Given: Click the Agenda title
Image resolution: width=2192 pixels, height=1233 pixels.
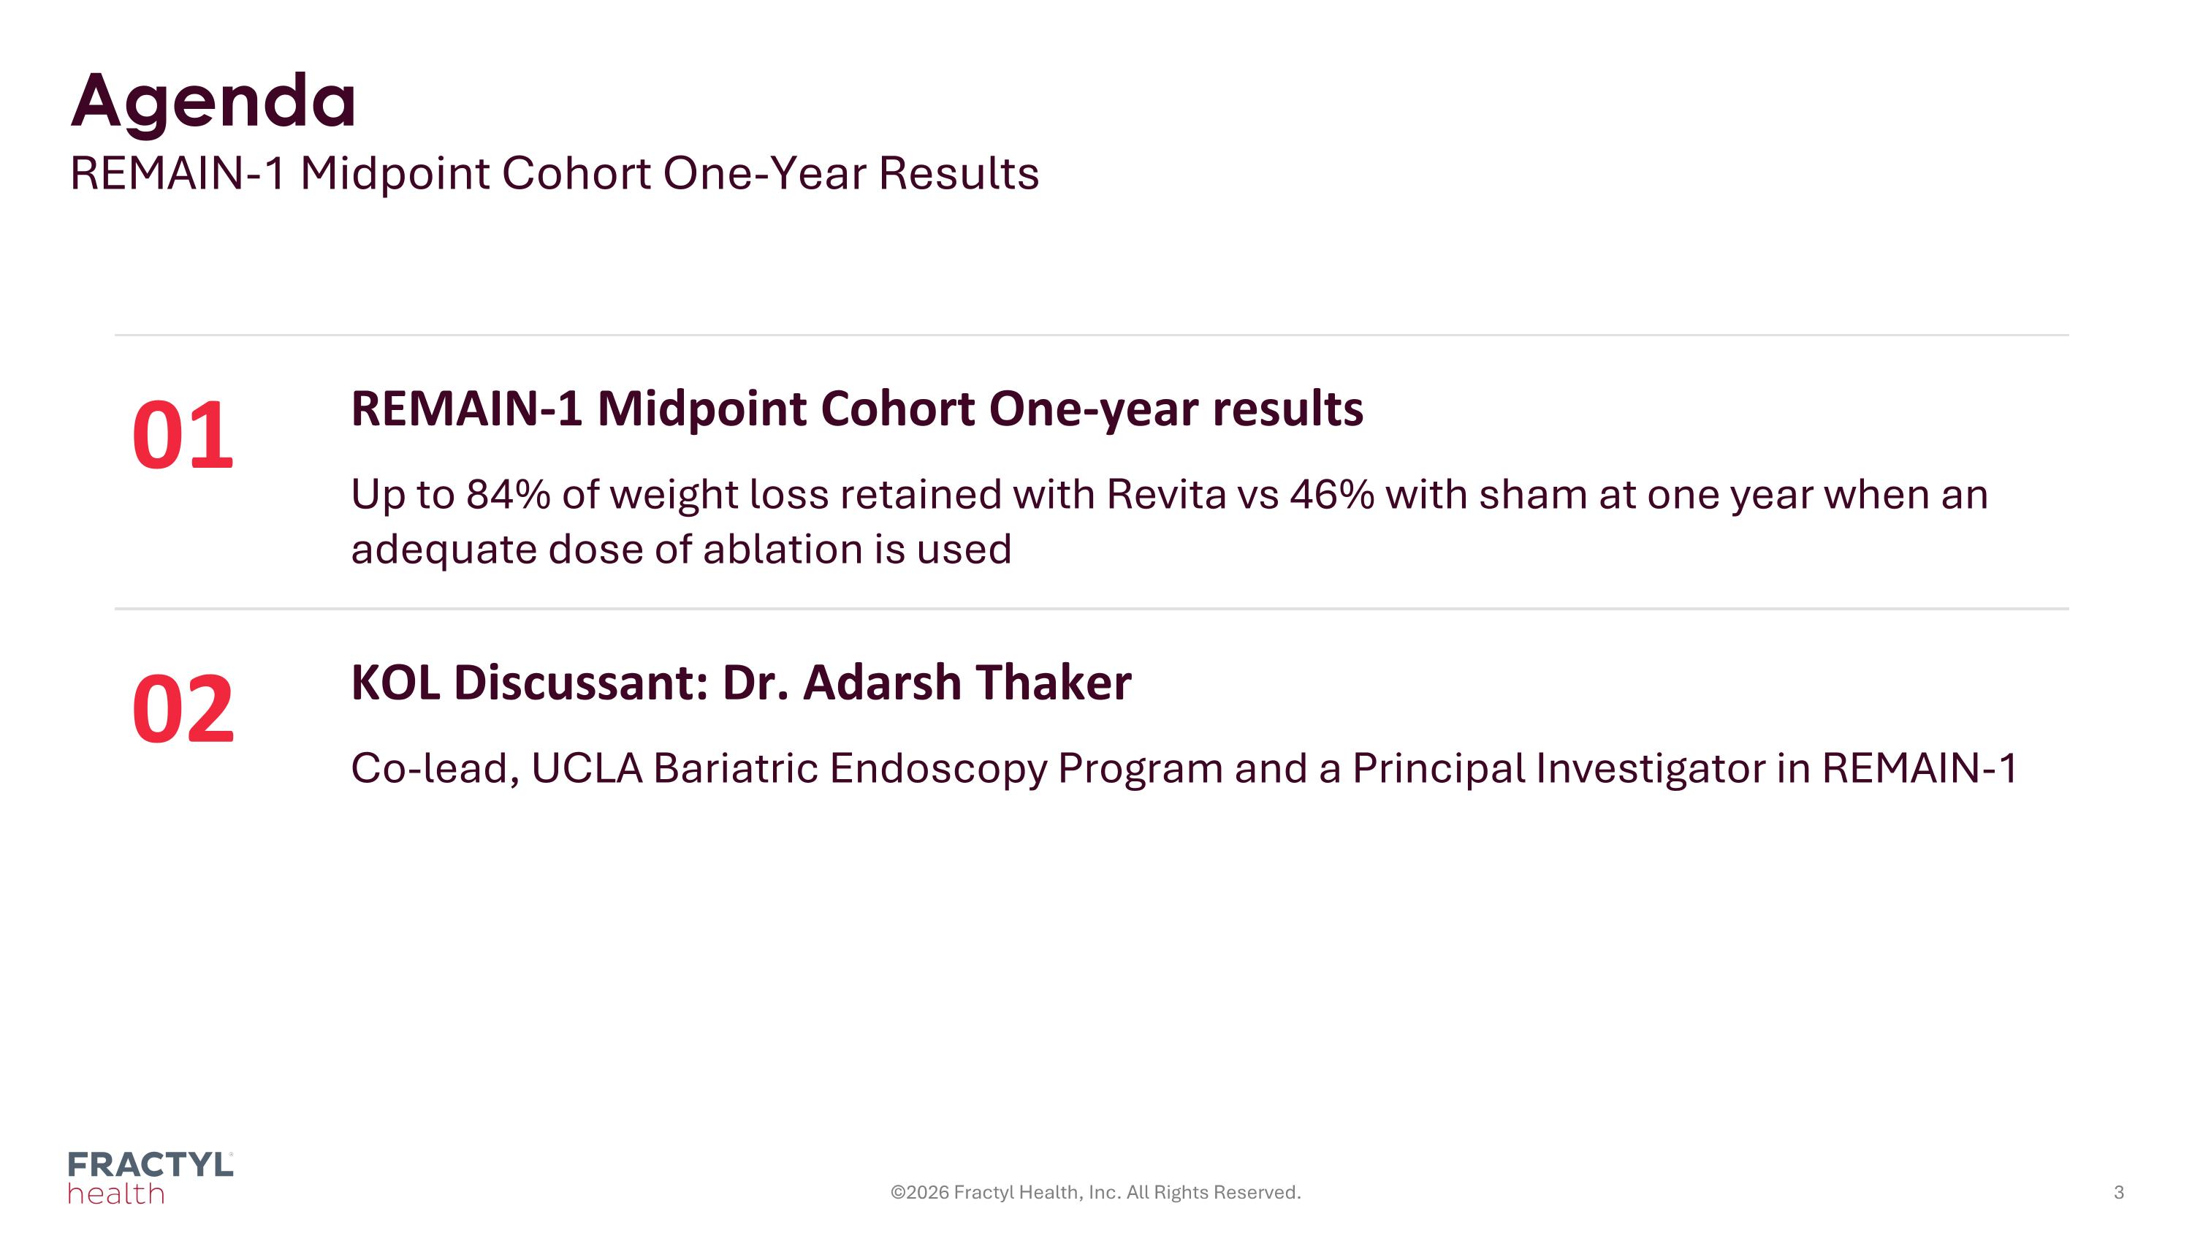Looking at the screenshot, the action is pos(213,103).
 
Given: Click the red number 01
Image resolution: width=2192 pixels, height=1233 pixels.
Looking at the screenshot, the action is pos(183,436).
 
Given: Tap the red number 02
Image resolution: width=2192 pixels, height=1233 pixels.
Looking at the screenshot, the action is pos(183,709).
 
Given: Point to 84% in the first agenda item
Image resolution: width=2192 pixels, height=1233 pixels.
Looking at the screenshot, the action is pos(508,494).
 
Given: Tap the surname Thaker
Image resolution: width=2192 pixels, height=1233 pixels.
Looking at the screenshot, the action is pos(1054,683).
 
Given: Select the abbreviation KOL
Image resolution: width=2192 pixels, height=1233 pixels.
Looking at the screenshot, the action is pos(396,683).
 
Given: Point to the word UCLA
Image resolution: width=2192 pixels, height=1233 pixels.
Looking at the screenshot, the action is pos(587,767).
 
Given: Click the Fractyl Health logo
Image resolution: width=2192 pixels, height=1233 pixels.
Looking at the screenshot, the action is pos(151,1177).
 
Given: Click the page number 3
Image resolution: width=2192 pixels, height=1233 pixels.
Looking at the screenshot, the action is pos(2119,1192).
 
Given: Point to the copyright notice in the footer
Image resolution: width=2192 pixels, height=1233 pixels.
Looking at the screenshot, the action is pos(1096,1192).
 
